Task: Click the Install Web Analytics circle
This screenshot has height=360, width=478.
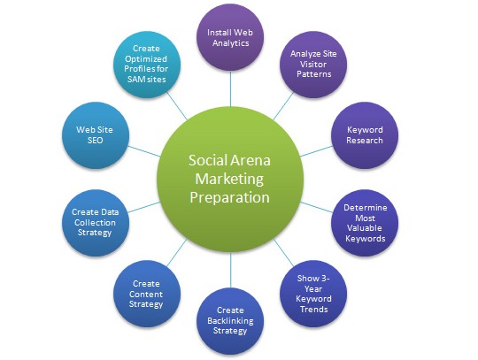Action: click(x=230, y=37)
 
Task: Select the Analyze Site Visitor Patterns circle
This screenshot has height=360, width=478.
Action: click(x=313, y=65)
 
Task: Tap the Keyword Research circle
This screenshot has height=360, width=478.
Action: click(x=365, y=135)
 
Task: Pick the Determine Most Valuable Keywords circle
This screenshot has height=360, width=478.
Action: click(x=365, y=223)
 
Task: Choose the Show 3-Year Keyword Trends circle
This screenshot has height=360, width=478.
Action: click(x=313, y=294)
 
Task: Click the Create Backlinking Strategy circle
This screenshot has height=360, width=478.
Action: click(x=230, y=321)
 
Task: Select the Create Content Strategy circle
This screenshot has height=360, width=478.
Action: click(x=147, y=294)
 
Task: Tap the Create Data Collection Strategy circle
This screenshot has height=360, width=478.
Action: click(x=96, y=223)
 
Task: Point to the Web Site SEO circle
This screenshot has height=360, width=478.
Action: click(x=96, y=135)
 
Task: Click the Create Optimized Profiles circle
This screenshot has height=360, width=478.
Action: click(x=147, y=65)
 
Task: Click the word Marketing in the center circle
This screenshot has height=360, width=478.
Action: click(x=229, y=180)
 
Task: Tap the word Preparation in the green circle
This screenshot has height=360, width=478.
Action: click(x=229, y=198)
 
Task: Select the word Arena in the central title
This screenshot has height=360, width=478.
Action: click(x=251, y=160)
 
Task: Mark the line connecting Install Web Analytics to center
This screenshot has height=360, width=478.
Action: click(x=230, y=88)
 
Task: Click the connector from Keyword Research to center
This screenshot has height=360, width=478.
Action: click(x=316, y=151)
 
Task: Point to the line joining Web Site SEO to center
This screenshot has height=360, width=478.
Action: click(x=144, y=151)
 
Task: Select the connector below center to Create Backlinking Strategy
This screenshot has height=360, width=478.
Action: click(x=230, y=270)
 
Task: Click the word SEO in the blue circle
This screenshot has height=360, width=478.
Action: click(x=95, y=141)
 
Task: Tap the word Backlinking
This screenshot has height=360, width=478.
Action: click(x=230, y=321)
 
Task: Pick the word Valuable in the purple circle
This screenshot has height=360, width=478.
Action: click(x=365, y=228)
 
